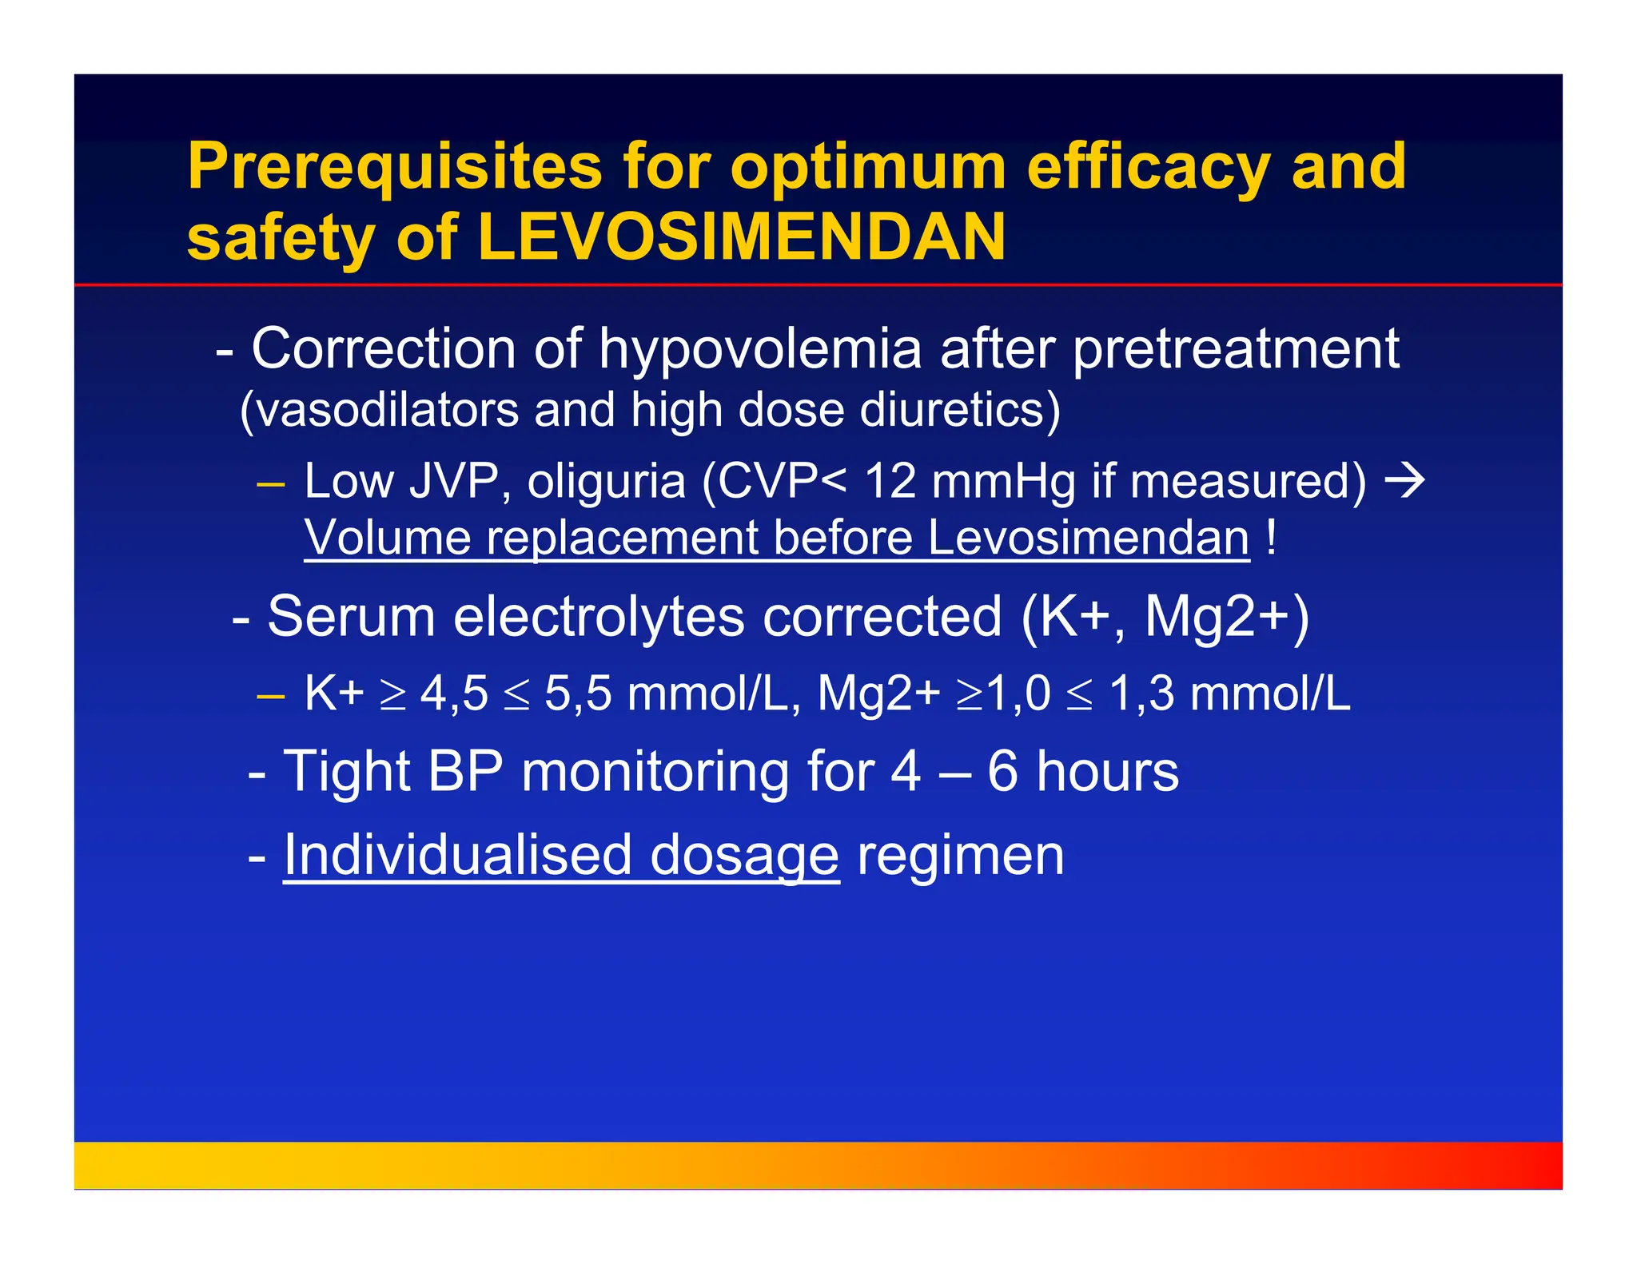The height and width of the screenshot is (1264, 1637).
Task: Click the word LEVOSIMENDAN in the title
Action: click(741, 237)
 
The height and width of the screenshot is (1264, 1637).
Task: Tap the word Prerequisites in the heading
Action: click(394, 166)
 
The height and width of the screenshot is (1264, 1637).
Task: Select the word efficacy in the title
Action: click(1148, 166)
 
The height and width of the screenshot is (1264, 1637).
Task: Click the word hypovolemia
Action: click(760, 350)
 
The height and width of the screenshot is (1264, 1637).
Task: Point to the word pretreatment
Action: click(1236, 350)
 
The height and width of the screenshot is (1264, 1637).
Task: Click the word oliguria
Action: click(606, 482)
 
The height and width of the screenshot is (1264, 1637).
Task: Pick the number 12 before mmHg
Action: click(890, 482)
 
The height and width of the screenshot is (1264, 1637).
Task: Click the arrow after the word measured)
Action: click(1404, 480)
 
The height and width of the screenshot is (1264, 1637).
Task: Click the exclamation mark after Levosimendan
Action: click(1271, 537)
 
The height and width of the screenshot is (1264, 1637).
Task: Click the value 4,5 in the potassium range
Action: click(454, 694)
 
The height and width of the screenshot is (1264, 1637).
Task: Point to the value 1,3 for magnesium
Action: click(1141, 694)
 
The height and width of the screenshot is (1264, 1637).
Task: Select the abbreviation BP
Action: click(465, 772)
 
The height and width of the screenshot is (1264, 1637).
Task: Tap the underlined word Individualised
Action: click(457, 855)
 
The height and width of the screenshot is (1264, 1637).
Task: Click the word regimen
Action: click(961, 857)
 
